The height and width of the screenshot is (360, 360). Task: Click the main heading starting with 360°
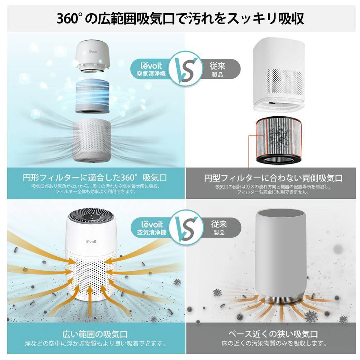pyautogui.click(x=180, y=18)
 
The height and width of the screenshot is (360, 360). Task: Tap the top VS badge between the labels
pyautogui.click(x=186, y=69)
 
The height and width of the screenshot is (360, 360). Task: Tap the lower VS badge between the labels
pyautogui.click(x=186, y=227)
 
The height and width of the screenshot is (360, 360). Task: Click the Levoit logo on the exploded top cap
pyautogui.click(x=93, y=51)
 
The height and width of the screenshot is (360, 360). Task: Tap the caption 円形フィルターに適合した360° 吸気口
pyautogui.click(x=95, y=178)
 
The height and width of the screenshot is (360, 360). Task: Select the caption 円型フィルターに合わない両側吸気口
pyautogui.click(x=273, y=178)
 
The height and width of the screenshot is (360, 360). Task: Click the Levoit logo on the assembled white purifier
pyautogui.click(x=91, y=241)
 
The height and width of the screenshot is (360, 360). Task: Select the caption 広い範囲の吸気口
pyautogui.click(x=95, y=334)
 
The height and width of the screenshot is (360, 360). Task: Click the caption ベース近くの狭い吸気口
pyautogui.click(x=273, y=334)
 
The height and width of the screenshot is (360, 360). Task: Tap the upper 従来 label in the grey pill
pyautogui.click(x=217, y=66)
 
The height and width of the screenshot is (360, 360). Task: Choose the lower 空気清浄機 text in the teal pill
pyautogui.click(x=152, y=232)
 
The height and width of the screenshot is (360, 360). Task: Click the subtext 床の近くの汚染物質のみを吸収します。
pyautogui.click(x=274, y=343)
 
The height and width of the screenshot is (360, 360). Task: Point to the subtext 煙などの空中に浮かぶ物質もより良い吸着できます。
pyautogui.click(x=95, y=344)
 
